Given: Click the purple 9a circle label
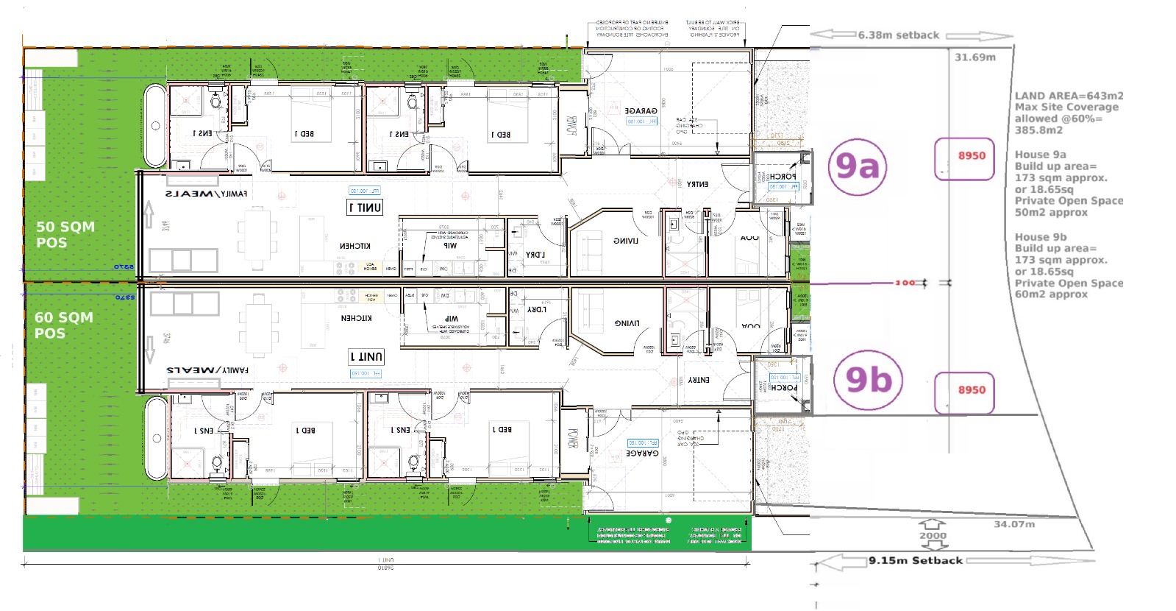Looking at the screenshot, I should pyautogui.click(x=858, y=167).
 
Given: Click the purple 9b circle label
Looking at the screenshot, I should pyautogui.click(x=869, y=381).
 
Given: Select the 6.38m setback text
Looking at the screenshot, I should pyautogui.click(x=898, y=35).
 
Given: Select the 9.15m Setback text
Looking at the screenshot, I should pyautogui.click(x=915, y=560).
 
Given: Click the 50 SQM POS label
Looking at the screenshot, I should pyautogui.click(x=65, y=235).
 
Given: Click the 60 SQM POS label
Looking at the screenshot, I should pyautogui.click(x=63, y=325).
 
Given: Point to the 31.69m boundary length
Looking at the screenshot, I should pyautogui.click(x=974, y=57).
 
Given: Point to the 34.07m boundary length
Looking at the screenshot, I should pyautogui.click(x=1013, y=524).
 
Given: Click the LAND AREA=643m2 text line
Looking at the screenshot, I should pyautogui.click(x=1069, y=96).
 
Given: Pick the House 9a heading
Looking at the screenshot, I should pyautogui.click(x=1040, y=155).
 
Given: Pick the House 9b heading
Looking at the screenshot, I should pyautogui.click(x=1040, y=237).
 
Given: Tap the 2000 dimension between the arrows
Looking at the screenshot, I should pyautogui.click(x=933, y=536).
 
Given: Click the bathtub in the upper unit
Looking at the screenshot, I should pyautogui.click(x=155, y=125).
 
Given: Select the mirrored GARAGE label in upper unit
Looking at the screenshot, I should pyautogui.click(x=641, y=111).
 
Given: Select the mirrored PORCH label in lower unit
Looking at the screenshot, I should pyautogui.click(x=783, y=387).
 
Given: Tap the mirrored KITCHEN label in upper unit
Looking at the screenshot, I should pyautogui.click(x=355, y=246).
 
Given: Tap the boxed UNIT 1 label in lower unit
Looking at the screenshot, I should pyautogui.click(x=366, y=356).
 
